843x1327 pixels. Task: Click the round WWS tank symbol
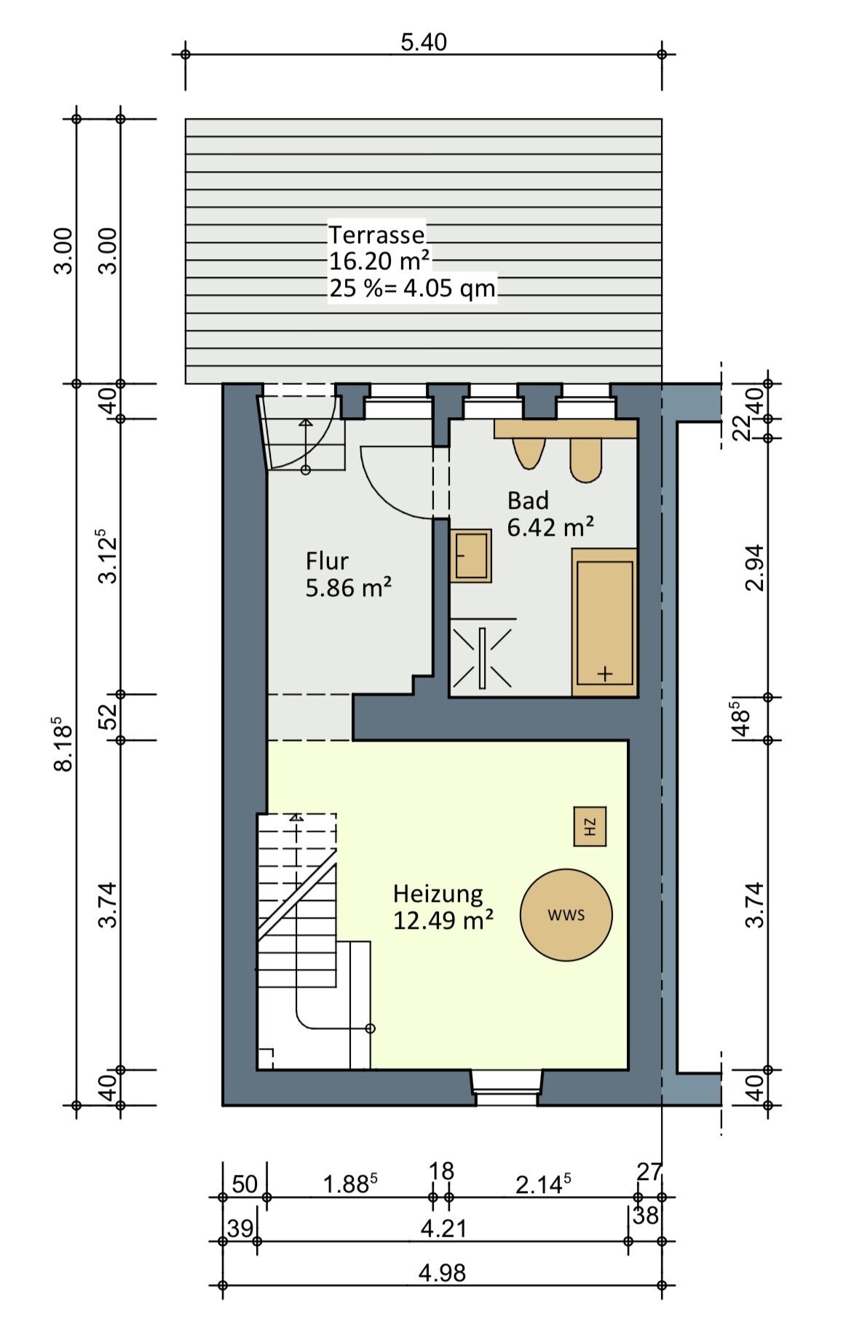(x=566, y=915)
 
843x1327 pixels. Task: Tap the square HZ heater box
(x=590, y=826)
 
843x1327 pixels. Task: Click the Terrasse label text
(x=376, y=234)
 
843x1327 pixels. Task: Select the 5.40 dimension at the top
(x=424, y=42)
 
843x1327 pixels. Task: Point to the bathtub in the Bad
(x=604, y=622)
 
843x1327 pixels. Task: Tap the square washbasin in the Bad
(x=471, y=555)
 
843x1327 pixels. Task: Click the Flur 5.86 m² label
(x=348, y=574)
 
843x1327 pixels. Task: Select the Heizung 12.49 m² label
(x=443, y=906)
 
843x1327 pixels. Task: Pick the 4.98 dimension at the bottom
(x=442, y=1273)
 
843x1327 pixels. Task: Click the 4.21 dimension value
(x=443, y=1229)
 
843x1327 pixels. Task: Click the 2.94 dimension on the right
(x=755, y=568)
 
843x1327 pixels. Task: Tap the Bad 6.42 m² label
(x=550, y=514)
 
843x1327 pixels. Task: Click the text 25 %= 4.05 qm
(x=412, y=288)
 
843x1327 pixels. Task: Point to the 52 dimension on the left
(x=108, y=716)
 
